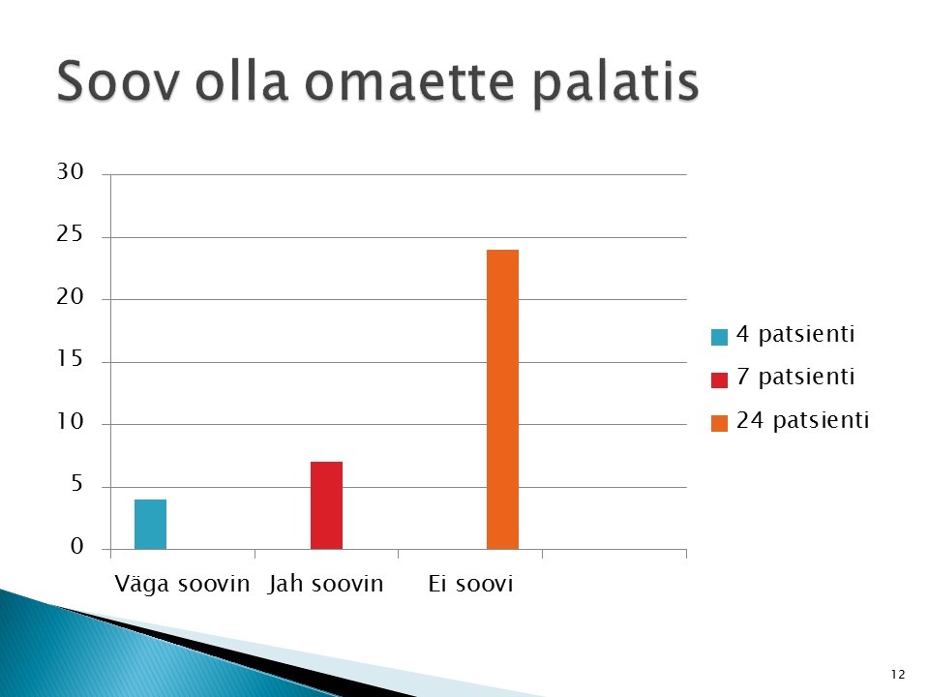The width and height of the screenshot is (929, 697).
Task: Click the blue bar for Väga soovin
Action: click(x=151, y=524)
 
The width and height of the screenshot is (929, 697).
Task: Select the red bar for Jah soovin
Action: click(x=326, y=505)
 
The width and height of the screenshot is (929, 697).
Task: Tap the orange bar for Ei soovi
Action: click(x=502, y=400)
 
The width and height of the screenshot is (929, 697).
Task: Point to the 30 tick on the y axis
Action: click(x=70, y=172)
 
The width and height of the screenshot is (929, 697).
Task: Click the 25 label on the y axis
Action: click(x=70, y=234)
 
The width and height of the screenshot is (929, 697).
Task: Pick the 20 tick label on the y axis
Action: click(x=70, y=297)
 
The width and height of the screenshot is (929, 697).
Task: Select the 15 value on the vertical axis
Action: click(x=70, y=359)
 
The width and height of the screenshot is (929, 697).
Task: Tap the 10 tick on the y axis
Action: click(x=70, y=422)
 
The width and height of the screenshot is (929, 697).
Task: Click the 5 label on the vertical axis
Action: click(x=77, y=484)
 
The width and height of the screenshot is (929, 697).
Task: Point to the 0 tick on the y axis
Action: click(x=77, y=546)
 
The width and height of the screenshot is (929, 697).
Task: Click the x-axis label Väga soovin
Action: click(x=182, y=584)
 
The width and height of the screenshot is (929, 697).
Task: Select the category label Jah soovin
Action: click(x=325, y=584)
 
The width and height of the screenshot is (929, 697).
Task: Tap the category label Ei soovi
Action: click(x=470, y=584)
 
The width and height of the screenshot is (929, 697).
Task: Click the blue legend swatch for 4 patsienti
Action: click(x=719, y=337)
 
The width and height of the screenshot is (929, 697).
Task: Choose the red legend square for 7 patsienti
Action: click(x=719, y=379)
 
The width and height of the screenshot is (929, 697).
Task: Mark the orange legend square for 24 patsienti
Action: click(x=719, y=423)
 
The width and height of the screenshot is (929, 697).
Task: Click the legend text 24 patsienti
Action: click(x=803, y=420)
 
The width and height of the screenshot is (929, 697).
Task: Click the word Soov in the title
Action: click(x=117, y=81)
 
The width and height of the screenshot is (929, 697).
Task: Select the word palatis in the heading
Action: click(x=615, y=83)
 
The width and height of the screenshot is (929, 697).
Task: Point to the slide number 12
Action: click(x=898, y=675)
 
